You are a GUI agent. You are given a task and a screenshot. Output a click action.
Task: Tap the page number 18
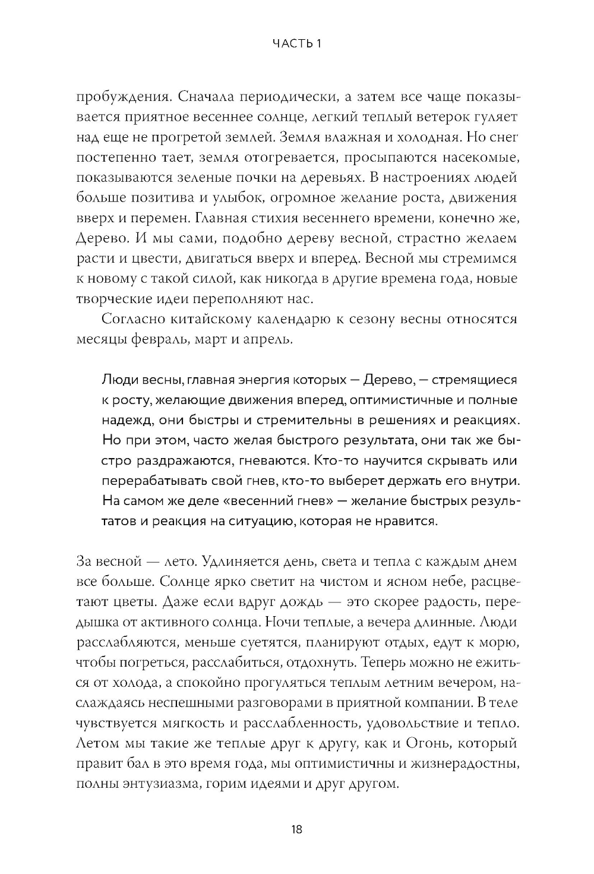pyautogui.click(x=297, y=829)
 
